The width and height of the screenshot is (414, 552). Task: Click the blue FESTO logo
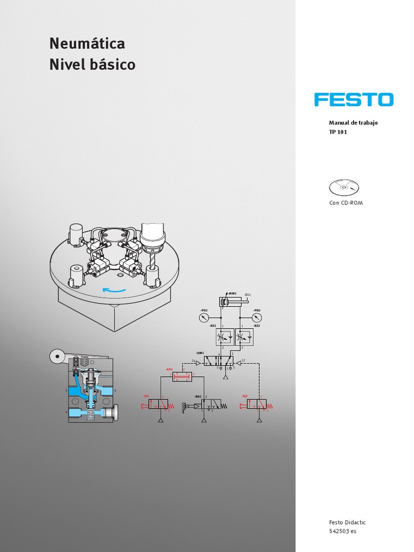[354, 100]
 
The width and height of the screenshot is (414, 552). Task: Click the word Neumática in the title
[87, 43]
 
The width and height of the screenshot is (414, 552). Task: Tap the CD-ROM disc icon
[343, 187]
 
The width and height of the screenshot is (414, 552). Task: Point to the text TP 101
[339, 132]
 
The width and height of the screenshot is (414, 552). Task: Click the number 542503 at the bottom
[339, 531]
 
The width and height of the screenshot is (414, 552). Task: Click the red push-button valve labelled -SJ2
[257, 404]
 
